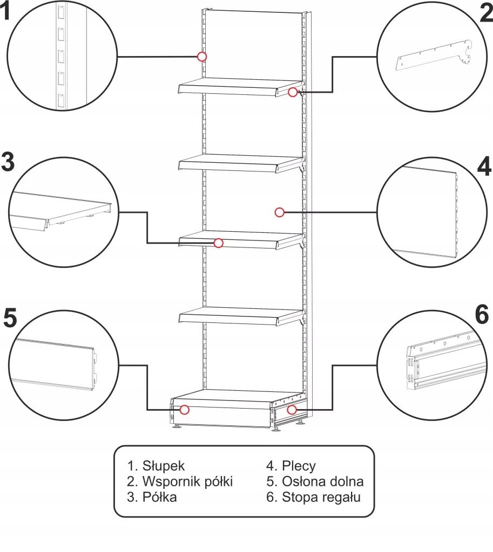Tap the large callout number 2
click(x=487, y=13)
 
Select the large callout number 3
click(x=8, y=162)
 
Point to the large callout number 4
click(x=484, y=166)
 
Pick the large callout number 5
click(x=10, y=318)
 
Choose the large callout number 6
click(x=482, y=314)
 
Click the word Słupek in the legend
click(x=163, y=466)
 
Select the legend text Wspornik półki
click(x=187, y=481)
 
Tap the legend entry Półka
click(x=159, y=497)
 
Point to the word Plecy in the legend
click(x=299, y=466)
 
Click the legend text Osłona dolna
click(x=323, y=481)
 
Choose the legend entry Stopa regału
click(x=321, y=497)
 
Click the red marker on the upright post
click(x=202, y=56)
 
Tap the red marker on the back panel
click(x=280, y=212)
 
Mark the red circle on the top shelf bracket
click(x=293, y=92)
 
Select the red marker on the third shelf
click(x=219, y=243)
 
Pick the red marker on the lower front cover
click(x=185, y=410)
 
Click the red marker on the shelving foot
click(x=292, y=410)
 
